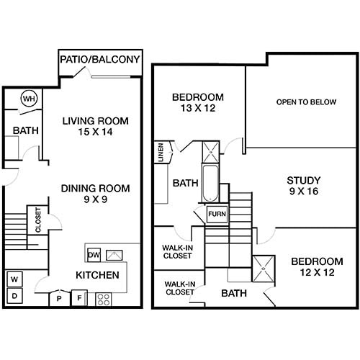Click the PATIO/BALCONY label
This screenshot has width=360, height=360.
click(99, 59)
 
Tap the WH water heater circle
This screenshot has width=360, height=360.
click(30, 98)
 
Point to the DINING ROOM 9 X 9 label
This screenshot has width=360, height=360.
click(95, 194)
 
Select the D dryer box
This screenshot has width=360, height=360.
click(14, 295)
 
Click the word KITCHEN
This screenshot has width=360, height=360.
click(97, 276)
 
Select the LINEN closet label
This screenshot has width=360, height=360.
click(159, 153)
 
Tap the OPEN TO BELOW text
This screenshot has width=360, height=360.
click(306, 102)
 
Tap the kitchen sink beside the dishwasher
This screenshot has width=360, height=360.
click(114, 254)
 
